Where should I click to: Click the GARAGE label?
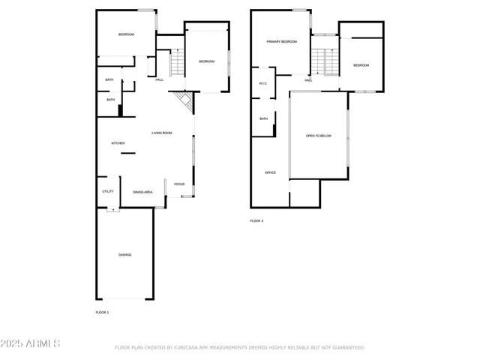(x=124, y=255)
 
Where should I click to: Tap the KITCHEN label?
(x=118, y=143)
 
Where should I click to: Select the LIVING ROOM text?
(x=162, y=133)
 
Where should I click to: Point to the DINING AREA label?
(x=142, y=193)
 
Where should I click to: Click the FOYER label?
(x=179, y=184)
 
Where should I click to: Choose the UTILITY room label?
(x=108, y=192)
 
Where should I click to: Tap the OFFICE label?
(x=270, y=172)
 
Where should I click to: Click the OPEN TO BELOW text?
(x=318, y=136)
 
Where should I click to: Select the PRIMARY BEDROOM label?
(x=281, y=42)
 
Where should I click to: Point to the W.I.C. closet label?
(x=264, y=83)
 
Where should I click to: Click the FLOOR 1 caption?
(x=102, y=312)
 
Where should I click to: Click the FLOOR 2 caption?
(x=256, y=220)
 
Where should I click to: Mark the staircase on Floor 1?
(x=176, y=63)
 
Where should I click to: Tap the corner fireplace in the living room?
(x=182, y=101)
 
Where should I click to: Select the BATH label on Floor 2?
(x=264, y=118)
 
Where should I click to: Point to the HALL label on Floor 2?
(x=308, y=80)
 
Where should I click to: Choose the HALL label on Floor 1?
(x=160, y=80)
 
